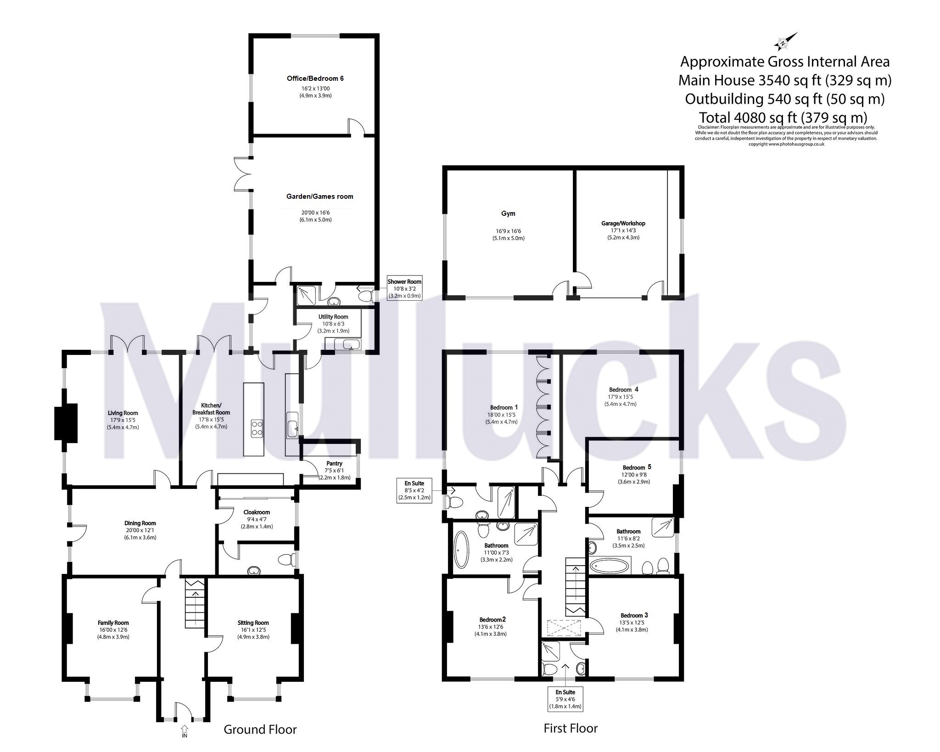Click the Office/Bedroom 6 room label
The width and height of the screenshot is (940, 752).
pyautogui.click(x=315, y=79)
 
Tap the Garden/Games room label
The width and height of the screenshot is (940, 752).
pyautogui.click(x=320, y=196)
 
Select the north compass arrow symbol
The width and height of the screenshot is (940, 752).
pyautogui.click(x=785, y=41)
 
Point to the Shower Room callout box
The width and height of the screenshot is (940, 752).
pyautogui.click(x=404, y=289)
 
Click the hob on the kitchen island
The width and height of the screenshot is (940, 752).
pyautogui.click(x=256, y=428)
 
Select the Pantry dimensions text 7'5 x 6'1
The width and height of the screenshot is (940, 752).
pyautogui.click(x=334, y=471)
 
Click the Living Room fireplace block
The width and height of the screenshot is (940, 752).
pyautogui.click(x=66, y=423)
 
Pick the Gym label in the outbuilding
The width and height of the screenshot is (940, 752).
pyautogui.click(x=508, y=213)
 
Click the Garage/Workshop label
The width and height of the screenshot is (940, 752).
pyautogui.click(x=623, y=224)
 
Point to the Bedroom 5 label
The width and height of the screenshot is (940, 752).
pyautogui.click(x=637, y=467)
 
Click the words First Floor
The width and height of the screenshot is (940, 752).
pyautogui.click(x=571, y=728)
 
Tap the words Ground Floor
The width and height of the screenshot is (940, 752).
pyautogui.click(x=260, y=729)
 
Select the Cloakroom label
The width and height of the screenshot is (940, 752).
pyautogui.click(x=257, y=512)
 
